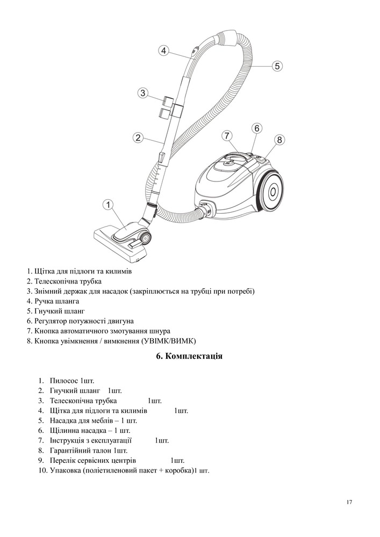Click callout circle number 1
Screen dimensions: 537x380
[x=109, y=205]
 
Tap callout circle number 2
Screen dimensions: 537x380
[x=138, y=137]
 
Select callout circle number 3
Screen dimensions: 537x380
[x=142, y=93]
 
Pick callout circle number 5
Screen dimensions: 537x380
[x=276, y=66]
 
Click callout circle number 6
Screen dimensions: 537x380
[x=257, y=128]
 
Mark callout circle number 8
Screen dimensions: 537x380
[x=279, y=140]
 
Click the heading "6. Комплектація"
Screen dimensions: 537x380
[x=189, y=357]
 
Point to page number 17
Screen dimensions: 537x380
[x=349, y=502]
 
